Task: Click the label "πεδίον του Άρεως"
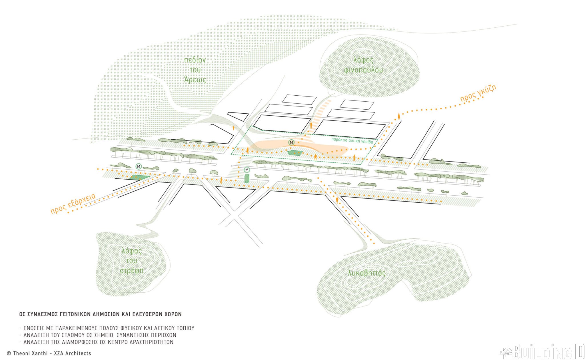pos(195,70)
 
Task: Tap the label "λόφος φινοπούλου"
pos(363,65)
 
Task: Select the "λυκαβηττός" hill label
pos(367,273)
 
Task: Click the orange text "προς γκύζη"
pos(478,93)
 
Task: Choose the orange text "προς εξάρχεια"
pos(73,204)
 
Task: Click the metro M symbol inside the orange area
pos(291,142)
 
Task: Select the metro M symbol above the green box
pos(247,170)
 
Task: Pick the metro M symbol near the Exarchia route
pos(139,166)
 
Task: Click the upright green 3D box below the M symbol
pos(247,178)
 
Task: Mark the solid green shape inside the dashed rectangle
pos(295,153)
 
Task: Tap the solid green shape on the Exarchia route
pos(139,178)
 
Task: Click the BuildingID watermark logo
pos(542,351)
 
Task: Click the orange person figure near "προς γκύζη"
pos(399,116)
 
